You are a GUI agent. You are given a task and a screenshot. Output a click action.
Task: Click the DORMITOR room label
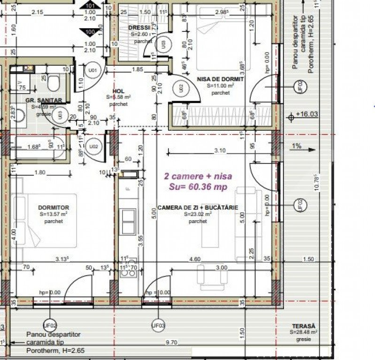click(54, 207)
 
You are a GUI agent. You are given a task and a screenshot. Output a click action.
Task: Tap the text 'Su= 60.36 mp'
click(198, 187)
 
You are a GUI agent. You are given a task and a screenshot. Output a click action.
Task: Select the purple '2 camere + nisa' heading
click(198, 176)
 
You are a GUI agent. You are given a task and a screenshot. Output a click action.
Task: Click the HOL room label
click(118, 91)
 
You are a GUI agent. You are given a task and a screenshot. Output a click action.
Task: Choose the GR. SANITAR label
click(43, 100)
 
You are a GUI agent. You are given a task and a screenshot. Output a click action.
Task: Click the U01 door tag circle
click(93, 71)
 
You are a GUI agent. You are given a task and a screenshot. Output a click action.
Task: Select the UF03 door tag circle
click(158, 325)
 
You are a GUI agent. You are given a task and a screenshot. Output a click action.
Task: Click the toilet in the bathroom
click(53, 83)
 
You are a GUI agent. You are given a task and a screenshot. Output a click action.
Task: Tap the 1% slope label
click(296, 146)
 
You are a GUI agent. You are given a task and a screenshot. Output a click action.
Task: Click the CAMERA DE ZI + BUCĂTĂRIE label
click(198, 207)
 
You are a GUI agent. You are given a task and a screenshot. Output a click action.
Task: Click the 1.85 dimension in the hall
click(137, 69)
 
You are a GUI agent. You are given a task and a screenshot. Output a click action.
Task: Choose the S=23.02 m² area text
click(198, 214)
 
